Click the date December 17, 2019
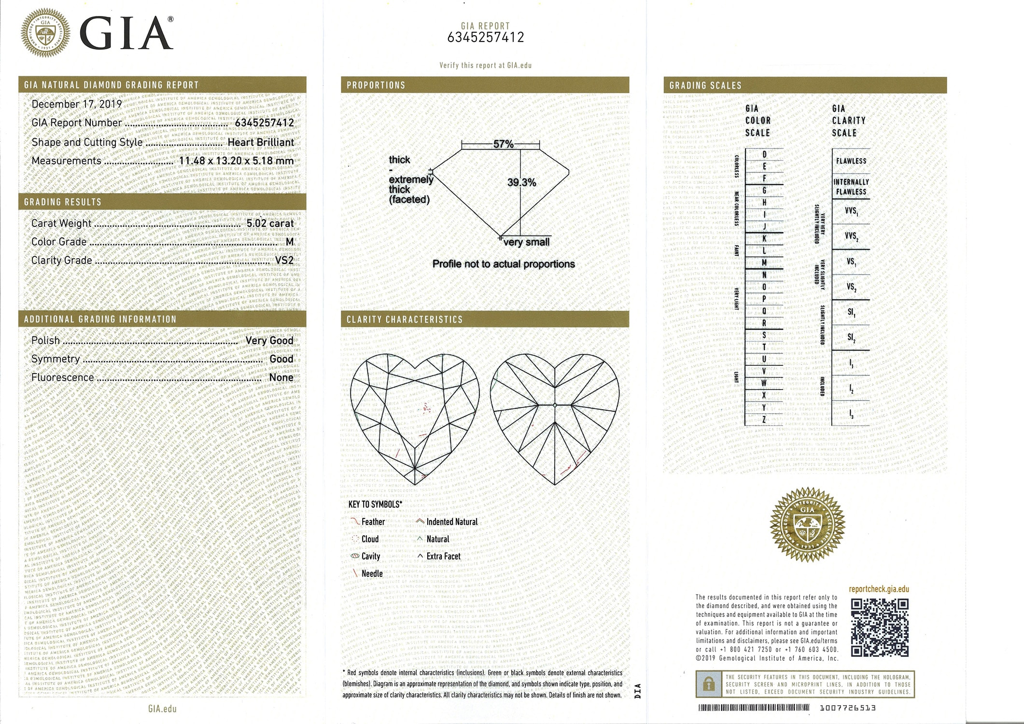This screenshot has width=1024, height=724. point(76,104)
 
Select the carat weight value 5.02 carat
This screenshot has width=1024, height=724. point(269,223)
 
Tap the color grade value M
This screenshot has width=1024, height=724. point(290,242)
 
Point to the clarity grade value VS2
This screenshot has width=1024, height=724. point(284,261)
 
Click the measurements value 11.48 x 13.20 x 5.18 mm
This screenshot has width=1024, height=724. point(236,161)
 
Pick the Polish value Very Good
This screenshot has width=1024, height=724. point(269,341)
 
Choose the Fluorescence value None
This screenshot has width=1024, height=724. point(281,377)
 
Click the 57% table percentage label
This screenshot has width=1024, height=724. point(503,144)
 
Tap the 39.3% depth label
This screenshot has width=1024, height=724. point(521,182)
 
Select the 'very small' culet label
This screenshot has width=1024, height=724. point(526,242)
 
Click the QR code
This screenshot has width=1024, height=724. point(879,627)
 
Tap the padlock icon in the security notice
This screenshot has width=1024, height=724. point(708,684)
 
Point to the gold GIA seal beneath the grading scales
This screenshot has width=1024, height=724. point(807,524)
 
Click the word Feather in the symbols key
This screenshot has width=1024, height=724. point(373,522)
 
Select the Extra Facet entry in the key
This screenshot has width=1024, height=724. point(443,557)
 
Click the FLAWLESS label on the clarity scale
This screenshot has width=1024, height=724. point(851,161)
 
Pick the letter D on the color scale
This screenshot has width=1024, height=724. point(764,155)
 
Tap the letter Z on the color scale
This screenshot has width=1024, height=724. point(764,419)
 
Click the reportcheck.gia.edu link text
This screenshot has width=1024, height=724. point(879,589)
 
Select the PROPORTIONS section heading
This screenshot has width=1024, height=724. point(376,85)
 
